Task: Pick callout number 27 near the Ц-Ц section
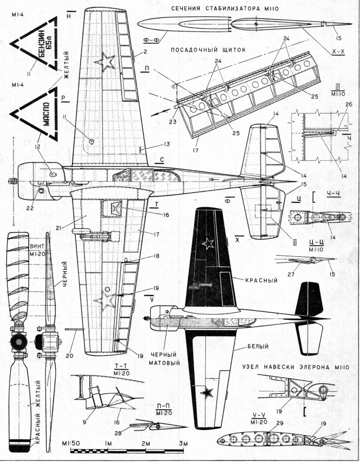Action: click(x=290, y=274)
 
